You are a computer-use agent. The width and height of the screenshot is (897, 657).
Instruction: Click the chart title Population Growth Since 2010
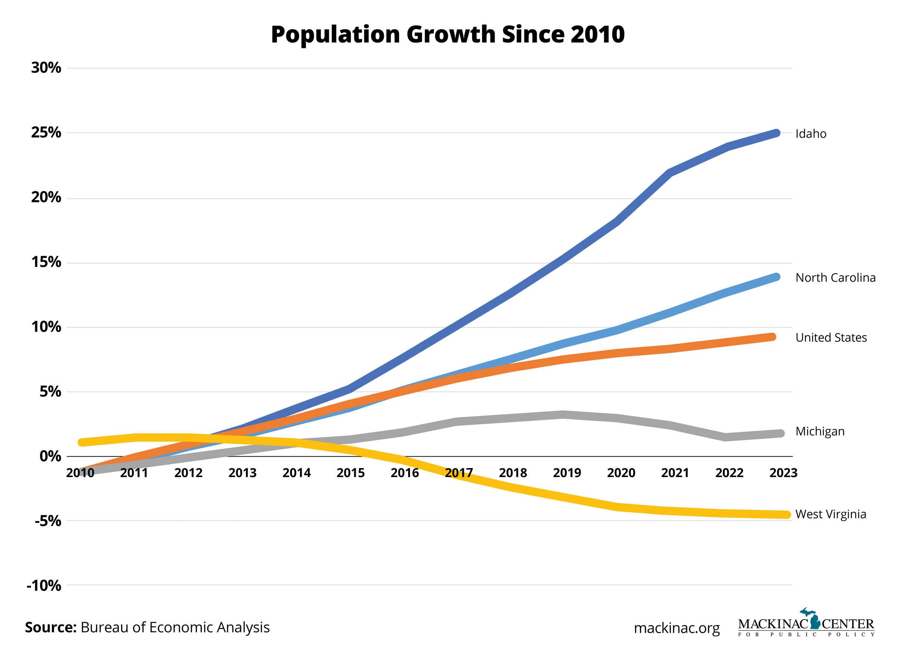pos(447,35)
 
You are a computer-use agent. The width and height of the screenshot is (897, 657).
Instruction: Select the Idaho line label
pos(810,133)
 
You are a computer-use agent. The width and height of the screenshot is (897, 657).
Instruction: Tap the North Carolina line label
pos(835,277)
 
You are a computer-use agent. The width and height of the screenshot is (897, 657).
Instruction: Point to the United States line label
pos(830,338)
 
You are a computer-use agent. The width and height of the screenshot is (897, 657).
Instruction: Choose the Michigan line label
pos(820,432)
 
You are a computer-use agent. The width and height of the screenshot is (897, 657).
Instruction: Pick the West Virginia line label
pos(830,514)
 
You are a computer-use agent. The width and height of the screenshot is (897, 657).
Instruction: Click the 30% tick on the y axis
pos(46,68)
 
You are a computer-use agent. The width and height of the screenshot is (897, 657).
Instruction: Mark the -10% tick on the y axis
pos(44,586)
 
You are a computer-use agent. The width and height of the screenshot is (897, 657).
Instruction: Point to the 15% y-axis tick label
pos(46,262)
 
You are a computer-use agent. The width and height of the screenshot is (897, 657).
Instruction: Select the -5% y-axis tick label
pos(48,521)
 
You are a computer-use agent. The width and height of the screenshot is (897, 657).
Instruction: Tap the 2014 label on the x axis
pos(296,473)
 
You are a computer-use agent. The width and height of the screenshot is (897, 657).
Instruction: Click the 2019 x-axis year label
pos(567,473)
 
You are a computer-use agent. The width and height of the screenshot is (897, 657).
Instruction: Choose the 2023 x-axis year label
pos(783,473)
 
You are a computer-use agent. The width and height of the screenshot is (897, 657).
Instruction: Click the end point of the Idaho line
pos(776,133)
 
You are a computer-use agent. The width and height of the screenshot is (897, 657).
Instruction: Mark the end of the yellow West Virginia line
pos(786,515)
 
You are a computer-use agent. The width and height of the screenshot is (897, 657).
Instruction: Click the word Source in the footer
pos(50,627)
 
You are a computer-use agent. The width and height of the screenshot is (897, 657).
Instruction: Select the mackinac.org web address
pos(676,628)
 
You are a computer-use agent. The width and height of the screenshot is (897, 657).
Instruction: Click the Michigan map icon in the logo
pos(814,619)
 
